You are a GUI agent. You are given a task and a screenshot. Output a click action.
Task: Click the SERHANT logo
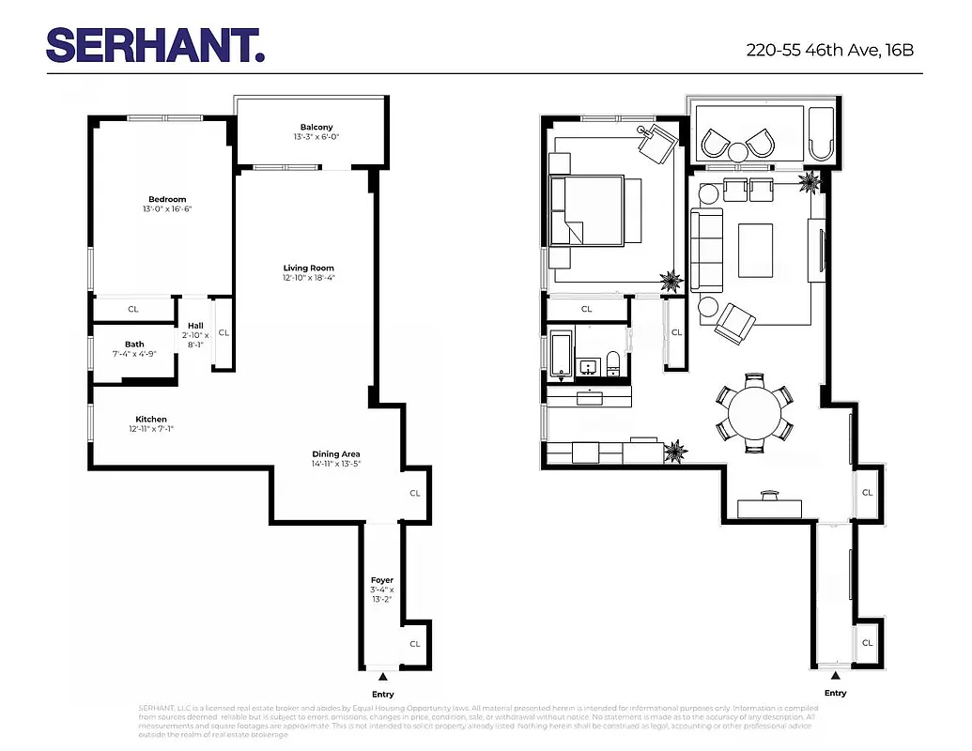[x=155, y=45]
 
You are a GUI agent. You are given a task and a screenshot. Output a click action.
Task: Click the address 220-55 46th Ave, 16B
[x=829, y=50]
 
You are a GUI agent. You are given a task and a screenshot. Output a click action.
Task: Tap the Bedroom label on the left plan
[x=167, y=199]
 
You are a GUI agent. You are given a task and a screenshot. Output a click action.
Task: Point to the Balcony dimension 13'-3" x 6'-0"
[x=316, y=137]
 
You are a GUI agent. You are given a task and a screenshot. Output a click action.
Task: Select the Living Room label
[x=309, y=268]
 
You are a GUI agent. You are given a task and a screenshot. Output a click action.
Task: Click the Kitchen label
[x=151, y=419]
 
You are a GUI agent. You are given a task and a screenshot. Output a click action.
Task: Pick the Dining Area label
[x=336, y=454]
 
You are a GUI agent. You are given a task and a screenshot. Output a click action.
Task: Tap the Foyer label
[x=381, y=580]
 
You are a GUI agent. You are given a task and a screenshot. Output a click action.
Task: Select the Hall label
[x=194, y=326]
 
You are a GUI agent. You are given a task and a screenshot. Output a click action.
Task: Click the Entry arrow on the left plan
[x=382, y=676]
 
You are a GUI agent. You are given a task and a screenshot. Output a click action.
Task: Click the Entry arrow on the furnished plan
[x=835, y=676]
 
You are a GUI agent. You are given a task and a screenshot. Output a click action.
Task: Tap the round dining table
[x=755, y=411]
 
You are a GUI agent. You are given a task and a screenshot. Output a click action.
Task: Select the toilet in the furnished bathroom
[x=613, y=362]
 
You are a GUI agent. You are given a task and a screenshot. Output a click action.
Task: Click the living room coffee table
[x=754, y=251]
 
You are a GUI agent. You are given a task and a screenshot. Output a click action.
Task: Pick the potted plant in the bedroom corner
[x=671, y=280]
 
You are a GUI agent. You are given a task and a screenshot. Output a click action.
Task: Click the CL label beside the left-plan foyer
[x=414, y=644]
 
